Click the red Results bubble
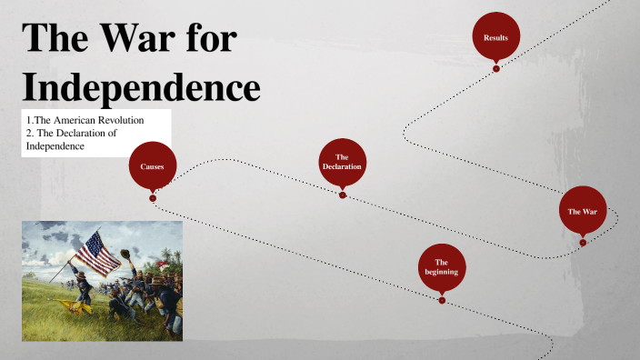[x=496, y=36]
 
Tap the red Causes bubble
[x=153, y=166]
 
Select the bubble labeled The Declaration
[x=343, y=162]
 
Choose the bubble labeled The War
[x=583, y=210]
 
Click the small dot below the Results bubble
[x=496, y=68]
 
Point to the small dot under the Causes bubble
[x=153, y=197]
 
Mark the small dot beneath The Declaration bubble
[x=343, y=194]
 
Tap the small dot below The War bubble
[x=583, y=242]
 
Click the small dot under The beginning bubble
[x=442, y=300]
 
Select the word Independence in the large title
[x=141, y=88]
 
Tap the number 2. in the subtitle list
[x=31, y=134]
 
